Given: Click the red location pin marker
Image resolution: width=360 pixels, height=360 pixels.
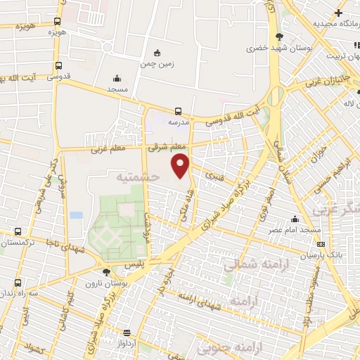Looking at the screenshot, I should [181, 165].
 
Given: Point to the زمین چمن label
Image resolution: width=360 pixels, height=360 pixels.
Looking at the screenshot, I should [157, 63].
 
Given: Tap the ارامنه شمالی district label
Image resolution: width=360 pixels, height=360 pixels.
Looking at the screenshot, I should [250, 264].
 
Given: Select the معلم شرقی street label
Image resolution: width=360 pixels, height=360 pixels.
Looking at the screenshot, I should [167, 148].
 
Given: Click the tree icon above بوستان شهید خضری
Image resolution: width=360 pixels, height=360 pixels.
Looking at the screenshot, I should [280, 37].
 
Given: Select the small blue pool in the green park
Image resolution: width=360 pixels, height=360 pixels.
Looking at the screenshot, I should [76, 215].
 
